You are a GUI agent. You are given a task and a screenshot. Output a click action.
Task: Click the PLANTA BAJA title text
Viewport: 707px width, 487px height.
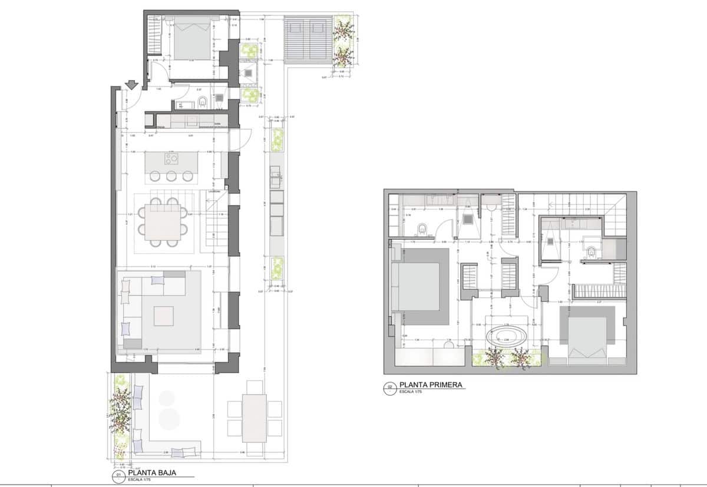pyautogui.click(x=152, y=473)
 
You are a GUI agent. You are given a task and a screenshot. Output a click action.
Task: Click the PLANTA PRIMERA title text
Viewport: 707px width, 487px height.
pyautogui.click(x=430, y=385)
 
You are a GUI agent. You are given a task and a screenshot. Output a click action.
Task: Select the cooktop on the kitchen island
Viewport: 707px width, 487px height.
pyautogui.click(x=171, y=158)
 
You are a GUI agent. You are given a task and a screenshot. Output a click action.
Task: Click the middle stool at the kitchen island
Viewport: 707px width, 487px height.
pyautogui.click(x=171, y=175)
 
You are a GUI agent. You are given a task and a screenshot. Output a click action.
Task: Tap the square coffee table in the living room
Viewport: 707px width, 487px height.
pyautogui.click(x=164, y=316)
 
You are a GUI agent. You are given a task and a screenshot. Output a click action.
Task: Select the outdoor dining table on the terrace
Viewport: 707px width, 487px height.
pyautogui.click(x=255, y=418)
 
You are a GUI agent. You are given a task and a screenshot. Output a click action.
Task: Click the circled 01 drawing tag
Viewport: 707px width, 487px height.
pyautogui.click(x=117, y=474)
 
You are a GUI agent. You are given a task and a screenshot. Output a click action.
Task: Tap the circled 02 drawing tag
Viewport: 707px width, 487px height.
pyautogui.click(x=389, y=387)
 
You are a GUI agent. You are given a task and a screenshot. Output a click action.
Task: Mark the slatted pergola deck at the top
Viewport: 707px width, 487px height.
pyautogui.click(x=307, y=39)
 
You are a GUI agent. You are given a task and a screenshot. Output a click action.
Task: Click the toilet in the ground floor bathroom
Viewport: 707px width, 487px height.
pyautogui.click(x=202, y=104)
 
